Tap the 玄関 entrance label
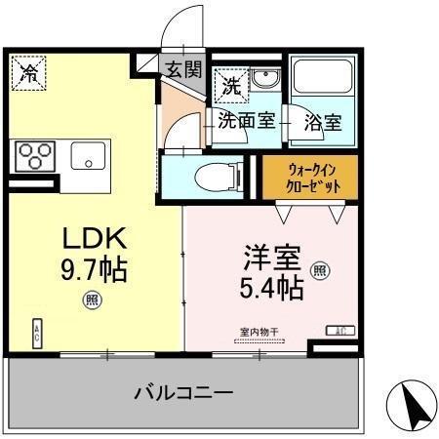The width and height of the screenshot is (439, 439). point(183,69)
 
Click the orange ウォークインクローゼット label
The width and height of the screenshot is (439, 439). point(310,175)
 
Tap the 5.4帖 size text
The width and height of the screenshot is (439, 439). point(270,289)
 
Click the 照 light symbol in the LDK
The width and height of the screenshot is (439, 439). point(90,299)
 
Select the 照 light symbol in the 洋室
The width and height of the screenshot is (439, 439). point(319,270)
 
